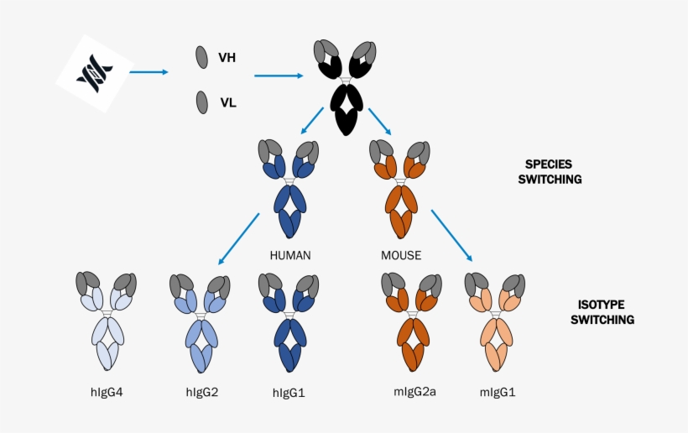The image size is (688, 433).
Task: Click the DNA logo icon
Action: (x=93, y=73)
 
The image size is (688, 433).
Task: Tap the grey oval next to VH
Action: (x=202, y=57)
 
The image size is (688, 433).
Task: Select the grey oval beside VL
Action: (x=202, y=102)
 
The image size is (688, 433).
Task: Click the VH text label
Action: (x=227, y=58)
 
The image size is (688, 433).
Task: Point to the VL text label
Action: (x=227, y=103)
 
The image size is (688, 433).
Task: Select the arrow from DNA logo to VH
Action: (x=149, y=72)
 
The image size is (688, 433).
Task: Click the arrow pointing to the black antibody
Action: (x=278, y=76)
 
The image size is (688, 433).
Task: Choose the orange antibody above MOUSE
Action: (x=400, y=189)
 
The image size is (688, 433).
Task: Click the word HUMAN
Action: (x=291, y=254)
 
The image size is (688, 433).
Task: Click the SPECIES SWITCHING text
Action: (x=553, y=171)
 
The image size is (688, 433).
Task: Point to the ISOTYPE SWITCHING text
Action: (x=602, y=312)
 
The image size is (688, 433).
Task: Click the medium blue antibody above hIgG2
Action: (x=200, y=322)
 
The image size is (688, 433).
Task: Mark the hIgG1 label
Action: (x=290, y=392)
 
